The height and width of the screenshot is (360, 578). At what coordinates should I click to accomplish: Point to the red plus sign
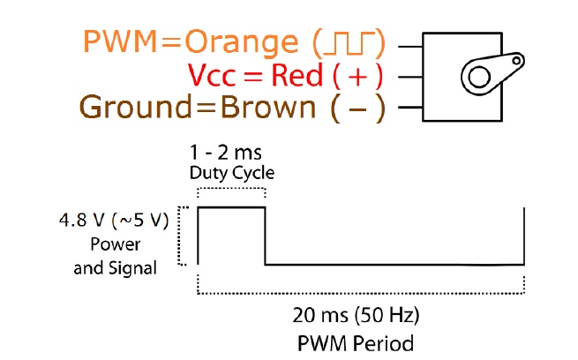358,76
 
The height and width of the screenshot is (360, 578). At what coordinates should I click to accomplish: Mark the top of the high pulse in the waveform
231,207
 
